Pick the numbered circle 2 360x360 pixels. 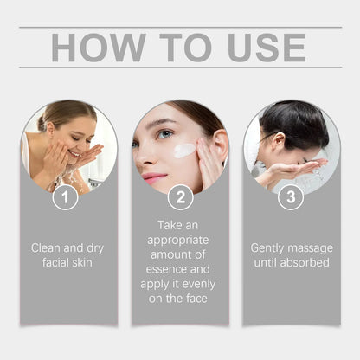click(x=180, y=196)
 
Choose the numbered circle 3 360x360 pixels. click(x=291, y=196)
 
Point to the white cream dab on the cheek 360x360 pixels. click(x=184, y=151)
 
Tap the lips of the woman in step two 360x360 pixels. click(x=155, y=177)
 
